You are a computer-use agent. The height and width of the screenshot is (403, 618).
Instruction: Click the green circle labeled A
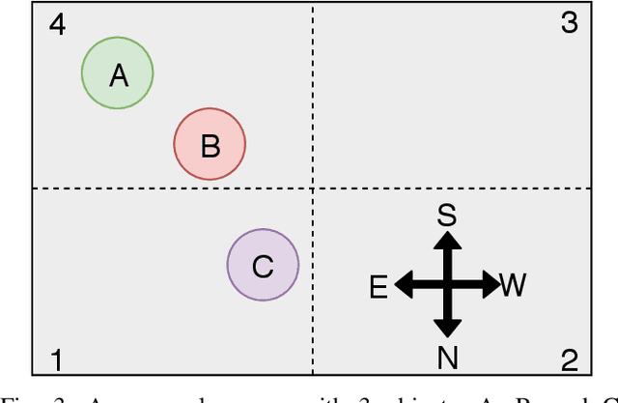(117, 73)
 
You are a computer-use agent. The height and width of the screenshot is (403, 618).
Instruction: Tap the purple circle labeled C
(263, 265)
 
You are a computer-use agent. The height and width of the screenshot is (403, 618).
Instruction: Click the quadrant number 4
(58, 24)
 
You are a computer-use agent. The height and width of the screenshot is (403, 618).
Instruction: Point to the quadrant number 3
(570, 24)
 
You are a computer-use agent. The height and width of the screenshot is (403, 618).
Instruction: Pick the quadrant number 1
(57, 360)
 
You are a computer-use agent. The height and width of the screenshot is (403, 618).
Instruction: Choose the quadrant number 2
(570, 360)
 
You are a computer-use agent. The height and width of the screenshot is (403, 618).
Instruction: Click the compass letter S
(446, 215)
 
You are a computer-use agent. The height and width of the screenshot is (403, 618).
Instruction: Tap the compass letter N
(447, 359)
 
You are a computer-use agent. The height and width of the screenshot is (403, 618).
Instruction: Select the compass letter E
(379, 286)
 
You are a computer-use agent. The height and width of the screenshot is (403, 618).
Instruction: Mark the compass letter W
(513, 285)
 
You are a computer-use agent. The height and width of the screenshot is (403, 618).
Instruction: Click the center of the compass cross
(446, 285)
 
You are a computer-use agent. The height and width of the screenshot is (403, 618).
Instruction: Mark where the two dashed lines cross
(313, 188)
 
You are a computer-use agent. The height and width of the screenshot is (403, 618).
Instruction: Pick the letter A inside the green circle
(118, 74)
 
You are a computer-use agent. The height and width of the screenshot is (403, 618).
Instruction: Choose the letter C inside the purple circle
(263, 266)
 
